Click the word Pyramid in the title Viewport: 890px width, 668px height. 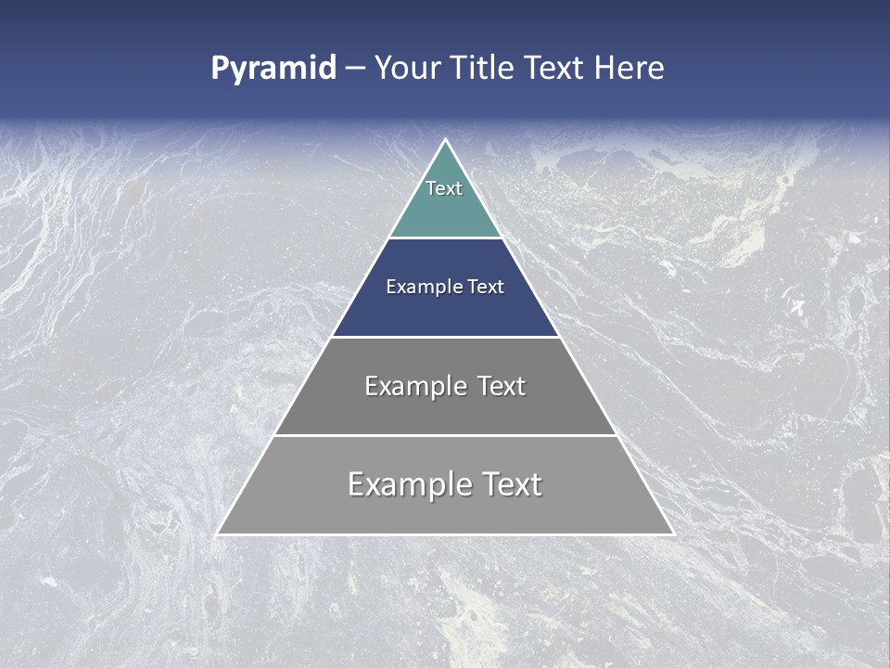[x=273, y=69]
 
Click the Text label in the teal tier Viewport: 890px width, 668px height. [x=444, y=188]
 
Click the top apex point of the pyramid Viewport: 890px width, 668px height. [x=445, y=140]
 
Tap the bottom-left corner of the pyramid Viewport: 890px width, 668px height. [x=218, y=533]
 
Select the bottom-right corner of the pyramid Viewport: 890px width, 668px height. [x=672, y=533]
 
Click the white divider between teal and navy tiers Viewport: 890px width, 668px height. [x=445, y=238]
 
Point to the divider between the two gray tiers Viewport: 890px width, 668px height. [x=445, y=435]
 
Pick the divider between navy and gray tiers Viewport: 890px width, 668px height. [x=445, y=337]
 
